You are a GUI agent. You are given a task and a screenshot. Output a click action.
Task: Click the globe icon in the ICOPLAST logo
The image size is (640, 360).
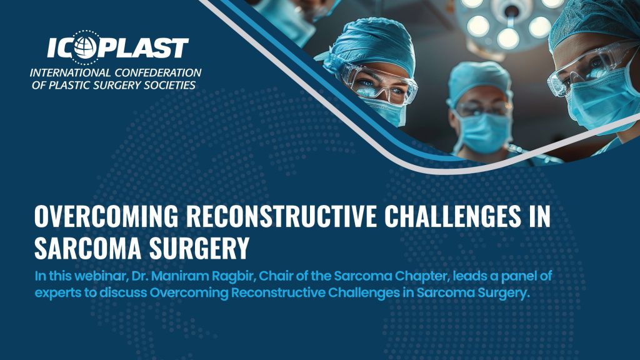(85, 47)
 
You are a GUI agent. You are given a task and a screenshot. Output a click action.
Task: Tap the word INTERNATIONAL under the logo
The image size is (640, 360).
(70, 73)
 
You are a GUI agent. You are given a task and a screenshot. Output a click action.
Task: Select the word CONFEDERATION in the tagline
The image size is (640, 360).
(158, 73)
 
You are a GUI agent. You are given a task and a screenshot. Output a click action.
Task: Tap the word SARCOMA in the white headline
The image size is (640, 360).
(87, 247)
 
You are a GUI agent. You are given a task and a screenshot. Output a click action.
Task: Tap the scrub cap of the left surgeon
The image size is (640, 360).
(371, 45)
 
